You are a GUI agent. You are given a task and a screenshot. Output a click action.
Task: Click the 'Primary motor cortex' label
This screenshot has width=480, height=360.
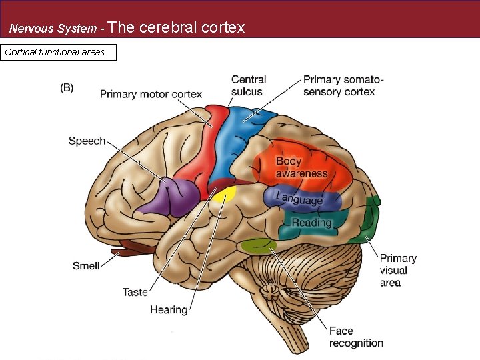[x=151, y=94]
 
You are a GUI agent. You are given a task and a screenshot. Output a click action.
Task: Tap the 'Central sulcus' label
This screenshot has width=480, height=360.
[x=249, y=85]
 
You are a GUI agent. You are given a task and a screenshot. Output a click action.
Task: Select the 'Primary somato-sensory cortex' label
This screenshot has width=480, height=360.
[x=343, y=85]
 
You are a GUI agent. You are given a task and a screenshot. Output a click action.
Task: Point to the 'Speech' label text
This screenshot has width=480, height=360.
[x=87, y=141]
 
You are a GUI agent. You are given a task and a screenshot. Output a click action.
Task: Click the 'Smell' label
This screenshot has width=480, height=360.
[x=86, y=265]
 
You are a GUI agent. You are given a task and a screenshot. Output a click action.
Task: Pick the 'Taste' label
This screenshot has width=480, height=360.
[x=135, y=292]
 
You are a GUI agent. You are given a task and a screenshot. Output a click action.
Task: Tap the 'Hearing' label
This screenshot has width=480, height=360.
[x=169, y=309]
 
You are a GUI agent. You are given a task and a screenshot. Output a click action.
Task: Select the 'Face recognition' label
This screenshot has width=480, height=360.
[x=356, y=337]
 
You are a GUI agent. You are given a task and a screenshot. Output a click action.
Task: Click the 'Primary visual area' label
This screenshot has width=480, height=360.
[x=398, y=270]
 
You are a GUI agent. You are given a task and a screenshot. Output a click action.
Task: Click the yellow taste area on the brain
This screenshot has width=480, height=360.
[x=226, y=194]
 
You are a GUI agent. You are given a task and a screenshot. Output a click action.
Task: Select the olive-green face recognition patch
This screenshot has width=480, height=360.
[x=258, y=246]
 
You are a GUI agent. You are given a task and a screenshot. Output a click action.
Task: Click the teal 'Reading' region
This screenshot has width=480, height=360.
[x=312, y=223]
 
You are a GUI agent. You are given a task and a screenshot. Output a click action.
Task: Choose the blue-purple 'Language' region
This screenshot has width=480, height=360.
[x=300, y=199]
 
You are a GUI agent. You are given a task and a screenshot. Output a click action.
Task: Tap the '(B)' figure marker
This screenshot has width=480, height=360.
[x=67, y=87]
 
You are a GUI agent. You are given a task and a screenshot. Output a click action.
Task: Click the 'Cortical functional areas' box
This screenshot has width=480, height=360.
[x=59, y=52]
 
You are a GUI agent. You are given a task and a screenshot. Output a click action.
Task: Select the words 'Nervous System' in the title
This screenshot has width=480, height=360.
[x=52, y=29]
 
